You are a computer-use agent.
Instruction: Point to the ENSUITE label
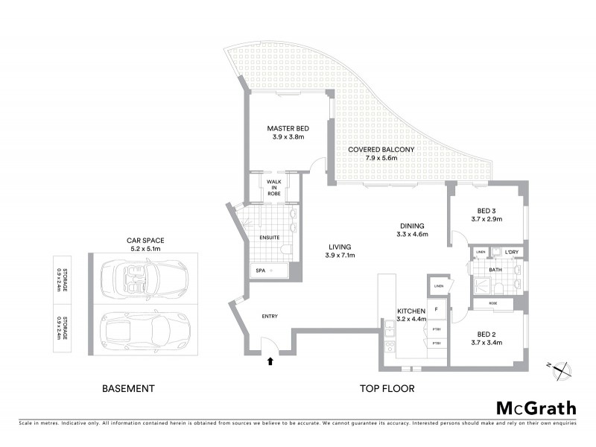coord(269,238)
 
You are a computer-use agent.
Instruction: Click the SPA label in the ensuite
coord(260,270)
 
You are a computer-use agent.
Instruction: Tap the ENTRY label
coord(270,317)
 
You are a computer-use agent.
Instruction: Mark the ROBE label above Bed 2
coord(493,304)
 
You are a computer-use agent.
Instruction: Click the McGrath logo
coord(536,408)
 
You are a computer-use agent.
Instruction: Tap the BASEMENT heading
coord(127,388)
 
